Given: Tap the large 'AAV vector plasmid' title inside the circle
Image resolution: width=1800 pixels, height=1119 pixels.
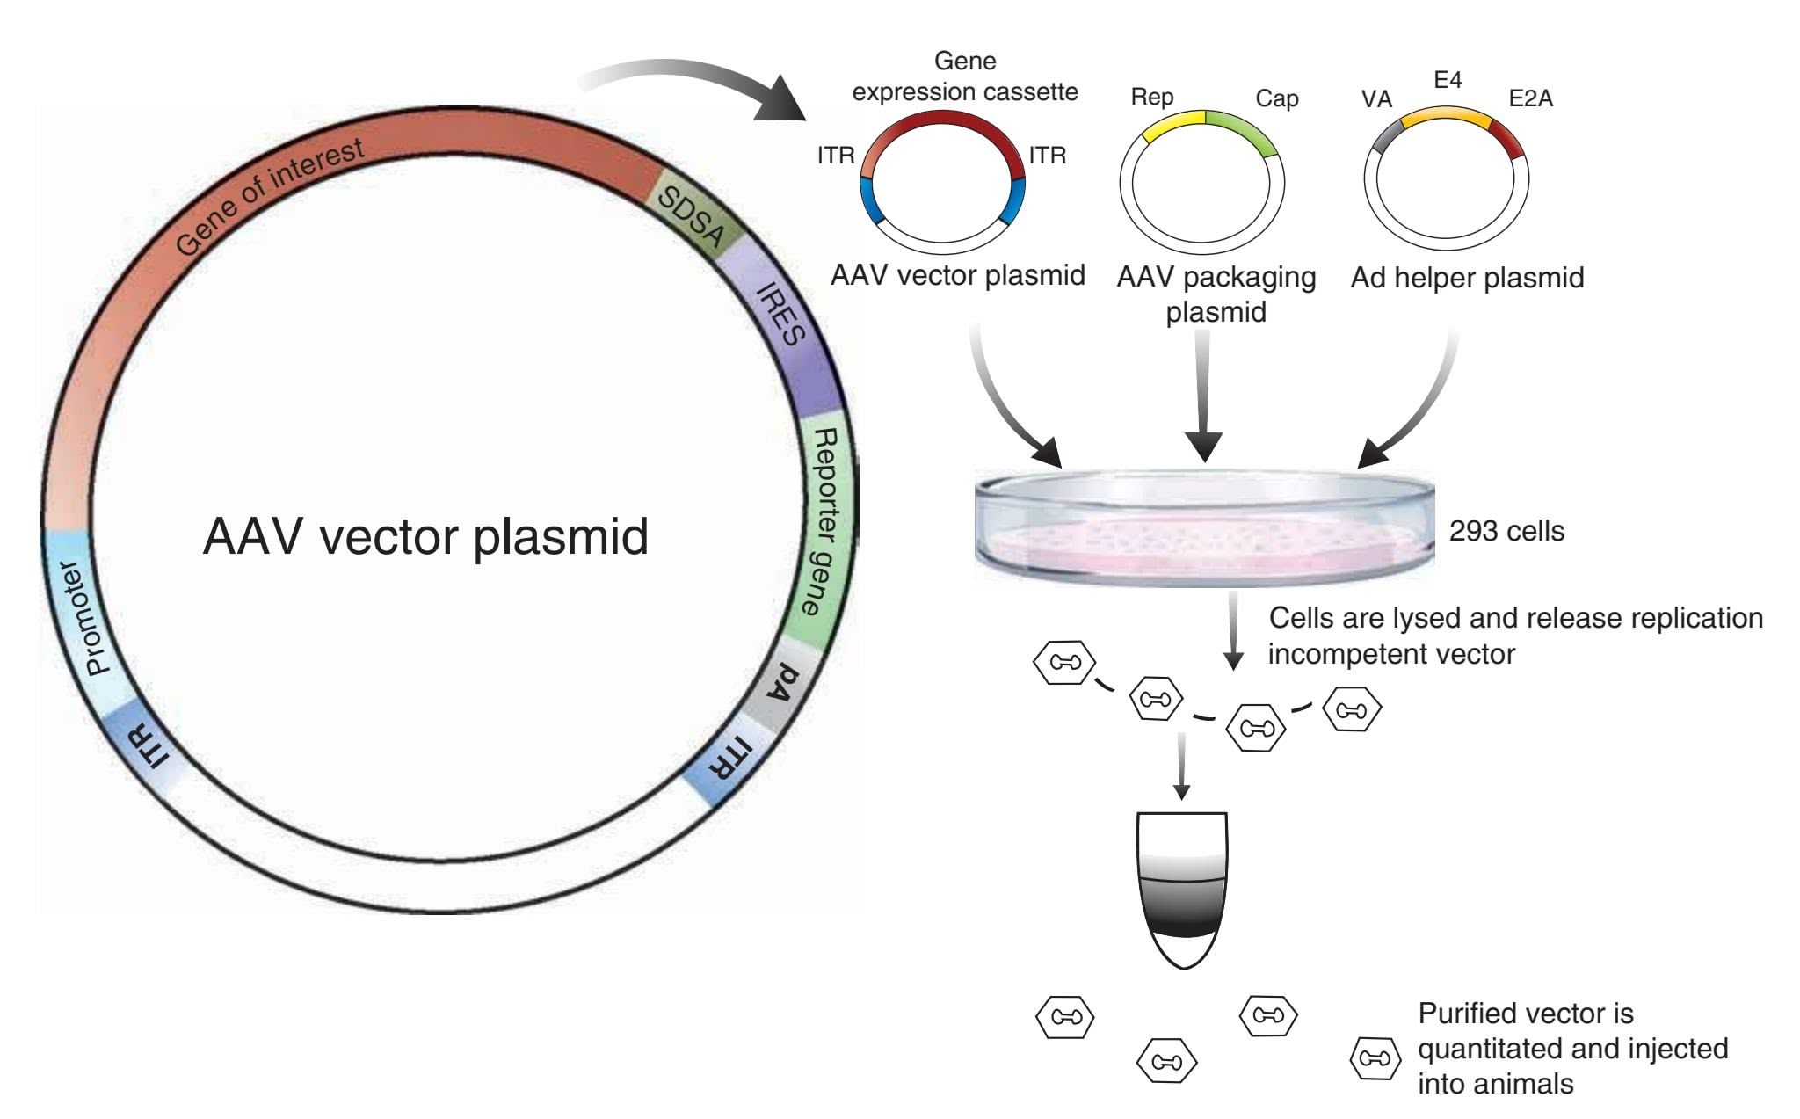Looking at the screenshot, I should (425, 535).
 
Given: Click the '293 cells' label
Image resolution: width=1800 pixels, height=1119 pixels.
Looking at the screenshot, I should (1506, 531).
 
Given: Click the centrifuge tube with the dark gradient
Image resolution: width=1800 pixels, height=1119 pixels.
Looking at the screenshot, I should (1182, 888).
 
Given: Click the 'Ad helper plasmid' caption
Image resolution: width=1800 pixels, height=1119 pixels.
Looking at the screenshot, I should (1467, 278).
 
